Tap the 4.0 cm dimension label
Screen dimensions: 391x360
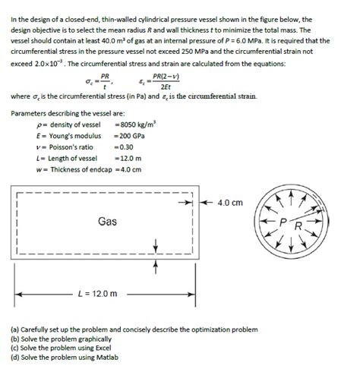coord(229,203)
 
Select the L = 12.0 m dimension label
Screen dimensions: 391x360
coord(98,294)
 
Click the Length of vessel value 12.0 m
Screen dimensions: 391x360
coord(127,158)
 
